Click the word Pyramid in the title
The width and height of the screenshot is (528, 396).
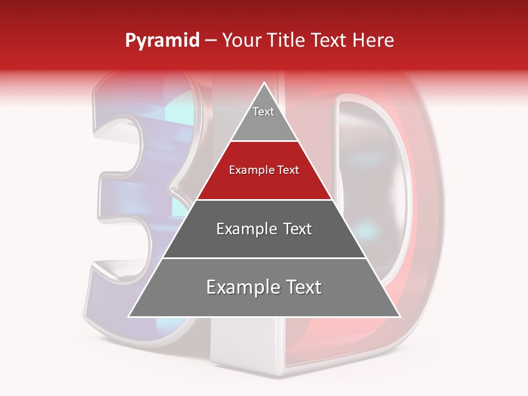(x=162, y=41)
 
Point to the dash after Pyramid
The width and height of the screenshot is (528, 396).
(x=211, y=41)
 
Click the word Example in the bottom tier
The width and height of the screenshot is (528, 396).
(x=240, y=287)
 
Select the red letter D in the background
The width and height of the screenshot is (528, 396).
(x=418, y=220)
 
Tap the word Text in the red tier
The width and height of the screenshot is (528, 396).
(x=288, y=170)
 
